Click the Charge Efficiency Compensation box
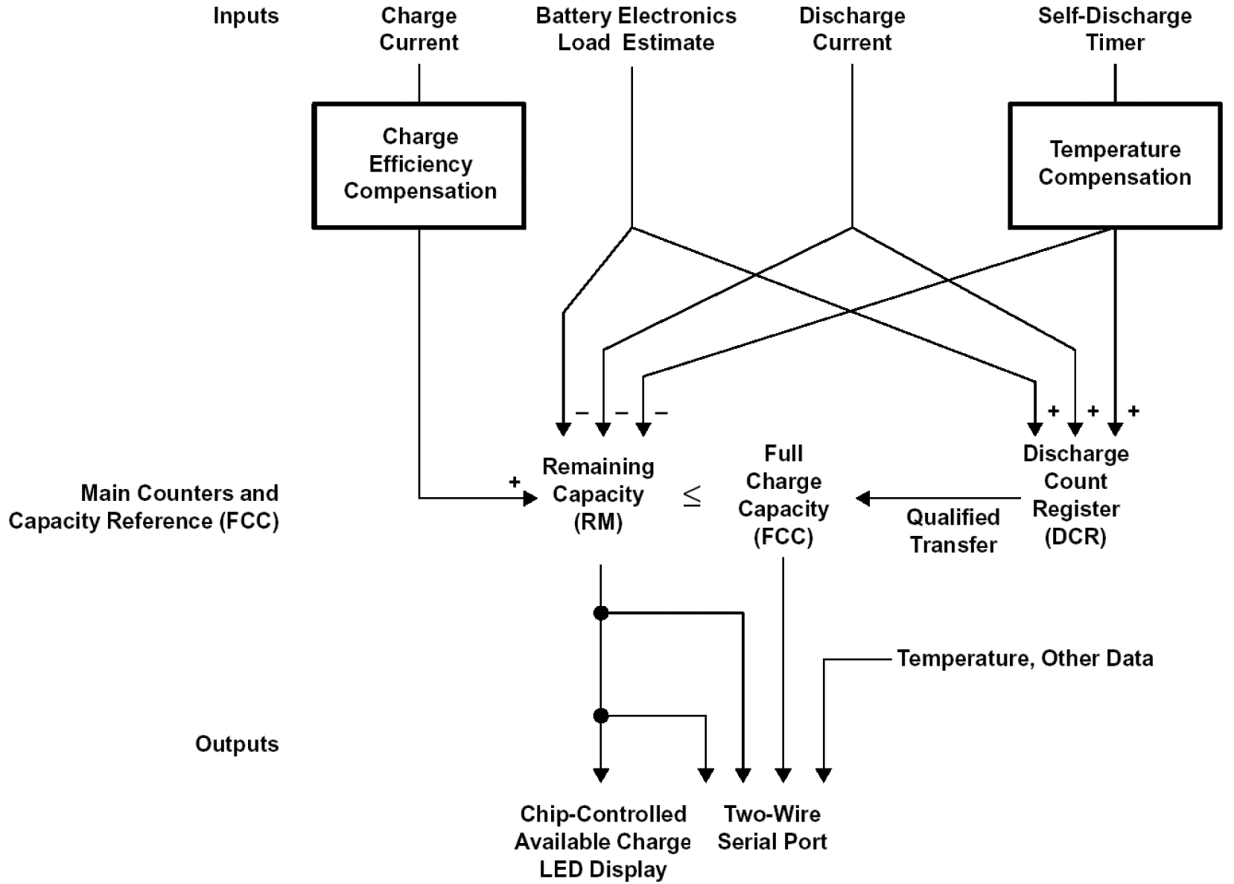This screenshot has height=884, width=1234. click(x=419, y=165)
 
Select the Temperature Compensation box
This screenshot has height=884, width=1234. click(x=1114, y=165)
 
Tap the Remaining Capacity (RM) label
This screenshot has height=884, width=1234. click(x=598, y=494)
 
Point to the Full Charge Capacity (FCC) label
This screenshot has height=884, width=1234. click(x=783, y=496)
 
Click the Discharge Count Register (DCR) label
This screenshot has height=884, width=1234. click(x=1075, y=496)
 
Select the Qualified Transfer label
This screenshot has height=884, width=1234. click(x=952, y=531)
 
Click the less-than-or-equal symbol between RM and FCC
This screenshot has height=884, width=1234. click(x=692, y=496)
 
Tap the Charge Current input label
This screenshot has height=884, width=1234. click(x=419, y=29)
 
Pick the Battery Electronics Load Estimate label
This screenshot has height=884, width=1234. click(x=636, y=29)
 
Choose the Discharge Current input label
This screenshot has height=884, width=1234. click(x=852, y=29)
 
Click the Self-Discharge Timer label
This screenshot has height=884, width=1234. click(x=1114, y=29)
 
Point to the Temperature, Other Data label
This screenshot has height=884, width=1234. click(x=1025, y=659)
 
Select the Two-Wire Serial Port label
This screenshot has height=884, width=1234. click(x=772, y=828)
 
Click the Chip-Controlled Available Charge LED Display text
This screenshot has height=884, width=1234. click(x=602, y=842)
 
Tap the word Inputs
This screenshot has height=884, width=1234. click(x=246, y=16)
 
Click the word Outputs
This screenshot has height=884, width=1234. click(x=237, y=744)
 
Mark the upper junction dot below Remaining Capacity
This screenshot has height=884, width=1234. click(x=601, y=613)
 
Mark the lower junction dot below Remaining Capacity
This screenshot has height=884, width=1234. click(x=601, y=716)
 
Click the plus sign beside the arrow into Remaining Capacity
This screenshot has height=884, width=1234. click(x=515, y=482)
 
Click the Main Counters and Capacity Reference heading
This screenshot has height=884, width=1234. click(x=144, y=507)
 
